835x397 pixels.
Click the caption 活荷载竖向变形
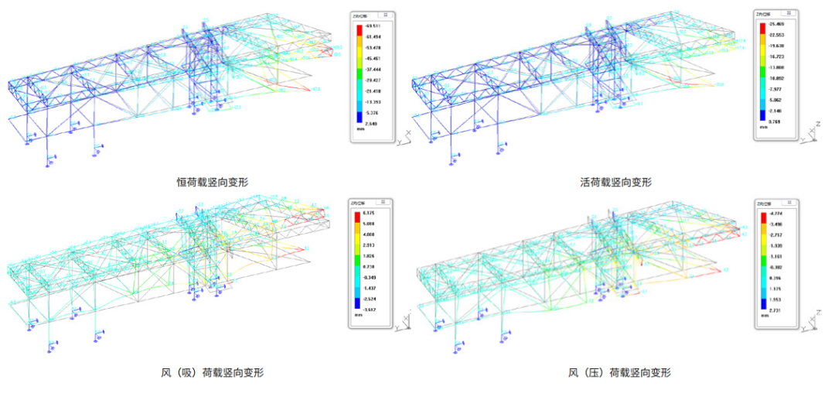click(x=615, y=183)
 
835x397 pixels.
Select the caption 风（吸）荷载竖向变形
click(x=212, y=372)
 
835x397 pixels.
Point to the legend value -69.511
click(x=375, y=26)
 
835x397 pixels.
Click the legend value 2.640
click(x=374, y=123)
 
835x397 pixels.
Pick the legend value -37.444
click(x=375, y=69)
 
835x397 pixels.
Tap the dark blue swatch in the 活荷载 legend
click(x=762, y=117)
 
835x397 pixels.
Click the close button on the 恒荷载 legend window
click(x=387, y=14)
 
